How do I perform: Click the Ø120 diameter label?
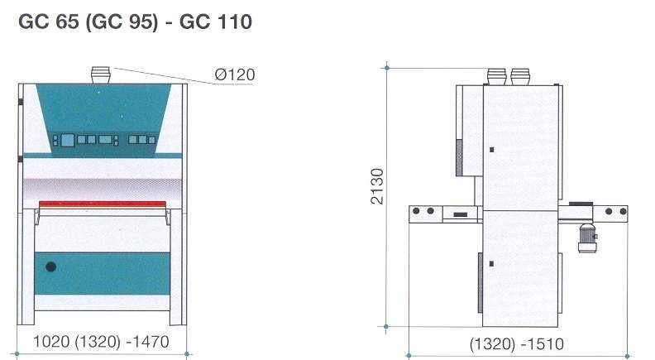(x=234, y=75)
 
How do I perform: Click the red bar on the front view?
(x=103, y=203)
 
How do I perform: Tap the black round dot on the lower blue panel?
(x=51, y=267)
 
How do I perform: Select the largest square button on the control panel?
(x=105, y=139)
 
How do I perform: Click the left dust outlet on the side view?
(x=496, y=76)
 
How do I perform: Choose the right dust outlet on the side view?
(x=519, y=76)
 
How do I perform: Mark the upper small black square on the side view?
(x=491, y=150)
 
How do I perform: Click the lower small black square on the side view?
(x=491, y=263)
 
